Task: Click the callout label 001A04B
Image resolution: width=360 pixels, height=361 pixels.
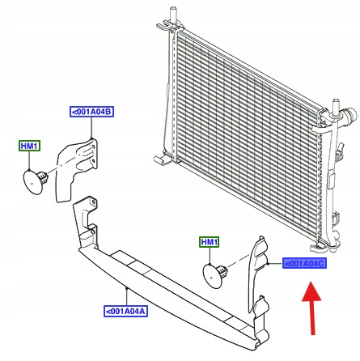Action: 91,112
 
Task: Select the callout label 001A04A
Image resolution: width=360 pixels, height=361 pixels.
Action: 126,312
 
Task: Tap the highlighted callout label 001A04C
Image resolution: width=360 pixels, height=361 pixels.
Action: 304,263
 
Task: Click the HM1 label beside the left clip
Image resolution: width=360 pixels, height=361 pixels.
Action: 29,146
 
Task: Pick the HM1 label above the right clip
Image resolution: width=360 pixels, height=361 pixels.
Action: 210,242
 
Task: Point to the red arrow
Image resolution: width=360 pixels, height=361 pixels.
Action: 311,308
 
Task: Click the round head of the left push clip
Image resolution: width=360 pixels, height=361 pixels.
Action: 32,181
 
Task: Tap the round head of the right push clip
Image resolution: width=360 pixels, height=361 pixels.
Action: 211,276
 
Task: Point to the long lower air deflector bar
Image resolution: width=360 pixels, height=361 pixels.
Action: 167,291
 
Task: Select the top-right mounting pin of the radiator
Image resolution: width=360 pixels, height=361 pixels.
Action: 336,108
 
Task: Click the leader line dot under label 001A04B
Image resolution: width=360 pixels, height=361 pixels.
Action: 91,138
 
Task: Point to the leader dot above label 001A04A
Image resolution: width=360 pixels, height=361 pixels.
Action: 126,288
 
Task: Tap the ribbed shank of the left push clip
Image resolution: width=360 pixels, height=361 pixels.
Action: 43,176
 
